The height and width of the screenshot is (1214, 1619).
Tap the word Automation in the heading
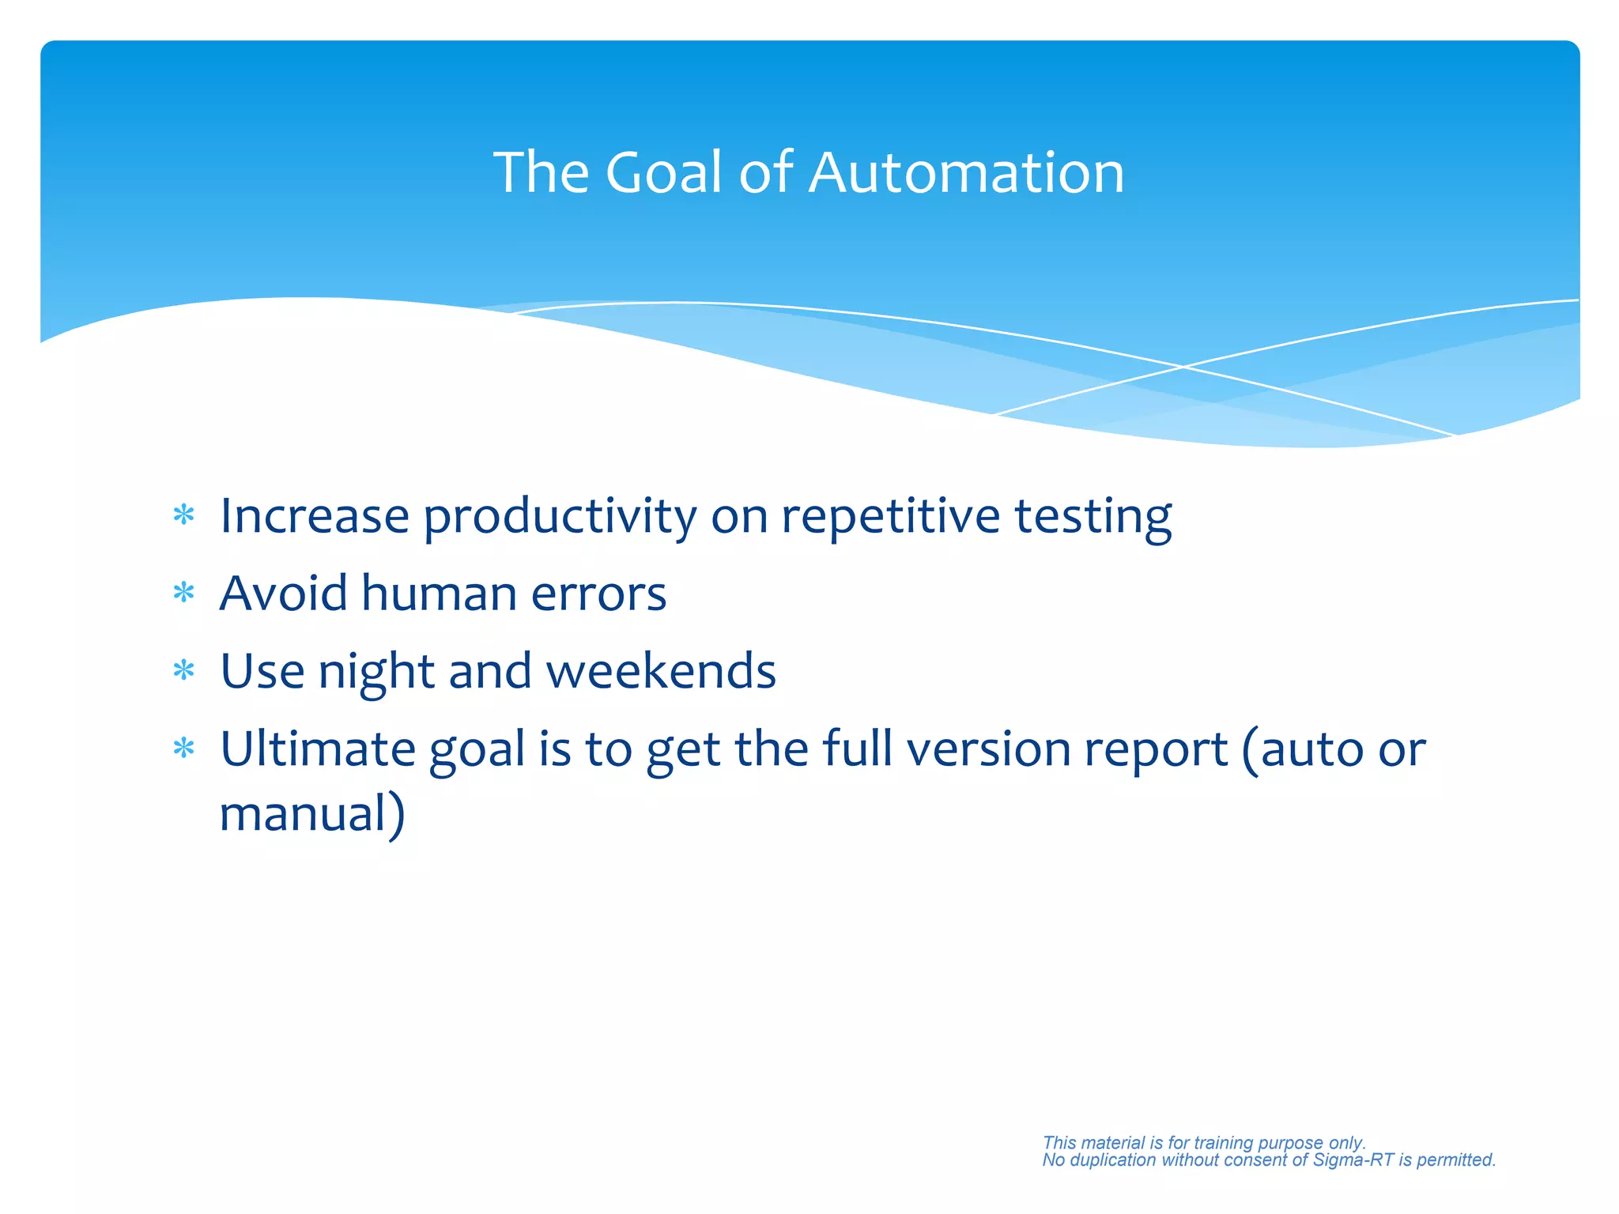966,172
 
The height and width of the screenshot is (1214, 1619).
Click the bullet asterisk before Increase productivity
183,516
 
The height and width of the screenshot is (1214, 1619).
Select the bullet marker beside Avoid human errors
183,593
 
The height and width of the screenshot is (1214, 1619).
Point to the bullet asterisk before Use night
183,671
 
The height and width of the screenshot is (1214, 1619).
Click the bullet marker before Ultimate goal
183,748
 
